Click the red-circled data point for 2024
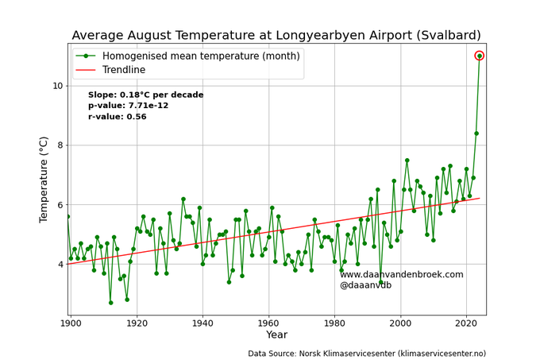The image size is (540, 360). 480,56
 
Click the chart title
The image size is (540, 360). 277,35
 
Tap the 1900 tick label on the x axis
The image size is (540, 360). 71,323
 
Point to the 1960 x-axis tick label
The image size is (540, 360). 268,323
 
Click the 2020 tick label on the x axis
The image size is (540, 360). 466,323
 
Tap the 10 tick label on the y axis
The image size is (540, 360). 56,86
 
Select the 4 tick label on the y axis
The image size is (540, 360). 59,264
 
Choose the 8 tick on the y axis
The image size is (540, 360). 59,145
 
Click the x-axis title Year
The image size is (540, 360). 276,335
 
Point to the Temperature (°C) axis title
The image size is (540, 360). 44,180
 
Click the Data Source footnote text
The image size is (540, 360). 366,353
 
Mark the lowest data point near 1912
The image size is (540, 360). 110,303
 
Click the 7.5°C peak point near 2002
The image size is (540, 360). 407,161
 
